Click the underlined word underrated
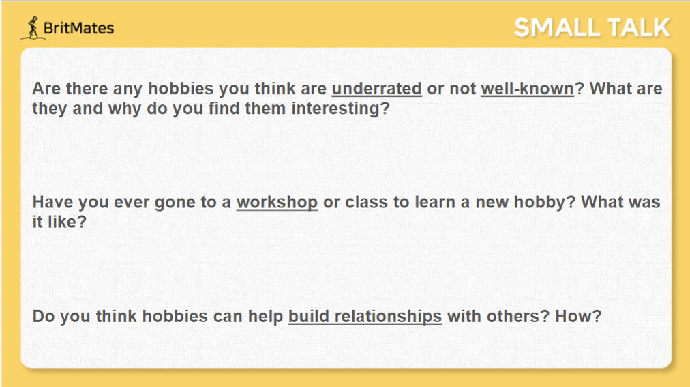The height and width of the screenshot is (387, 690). (x=376, y=89)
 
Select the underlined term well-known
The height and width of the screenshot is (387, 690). (x=527, y=89)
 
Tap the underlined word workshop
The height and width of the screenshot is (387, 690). (x=277, y=203)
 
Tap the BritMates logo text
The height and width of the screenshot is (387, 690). (x=79, y=28)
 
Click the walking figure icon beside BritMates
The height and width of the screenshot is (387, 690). (x=33, y=28)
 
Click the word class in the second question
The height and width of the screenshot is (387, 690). (x=367, y=202)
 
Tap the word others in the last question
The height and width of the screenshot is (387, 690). (x=517, y=316)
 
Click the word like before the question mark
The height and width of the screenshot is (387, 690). (x=61, y=222)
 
